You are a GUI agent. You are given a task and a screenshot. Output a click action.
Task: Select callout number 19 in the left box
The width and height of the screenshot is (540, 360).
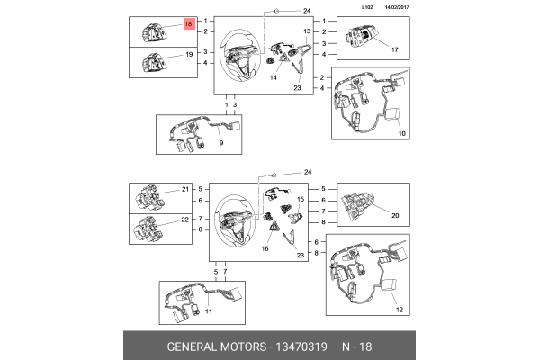(189, 56)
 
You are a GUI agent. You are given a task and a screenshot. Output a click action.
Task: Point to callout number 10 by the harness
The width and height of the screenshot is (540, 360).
(401, 133)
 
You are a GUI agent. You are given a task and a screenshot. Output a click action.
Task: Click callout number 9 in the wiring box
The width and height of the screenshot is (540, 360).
(221, 143)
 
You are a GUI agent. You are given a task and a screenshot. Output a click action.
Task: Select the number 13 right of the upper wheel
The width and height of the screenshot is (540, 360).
(306, 31)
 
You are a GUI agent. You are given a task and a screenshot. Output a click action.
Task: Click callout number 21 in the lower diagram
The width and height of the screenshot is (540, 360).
(186, 190)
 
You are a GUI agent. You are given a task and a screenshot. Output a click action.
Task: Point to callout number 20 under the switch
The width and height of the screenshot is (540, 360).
(392, 216)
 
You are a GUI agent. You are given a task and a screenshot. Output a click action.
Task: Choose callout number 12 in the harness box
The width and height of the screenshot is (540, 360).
(399, 310)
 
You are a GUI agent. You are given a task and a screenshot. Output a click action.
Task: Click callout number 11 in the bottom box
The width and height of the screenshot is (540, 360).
(207, 311)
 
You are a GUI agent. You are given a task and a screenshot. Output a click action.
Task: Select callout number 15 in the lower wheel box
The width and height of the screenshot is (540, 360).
(301, 198)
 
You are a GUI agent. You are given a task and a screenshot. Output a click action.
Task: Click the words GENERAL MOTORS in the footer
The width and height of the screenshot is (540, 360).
(214, 346)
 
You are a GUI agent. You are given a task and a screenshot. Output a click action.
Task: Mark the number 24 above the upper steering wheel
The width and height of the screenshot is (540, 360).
(306, 10)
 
